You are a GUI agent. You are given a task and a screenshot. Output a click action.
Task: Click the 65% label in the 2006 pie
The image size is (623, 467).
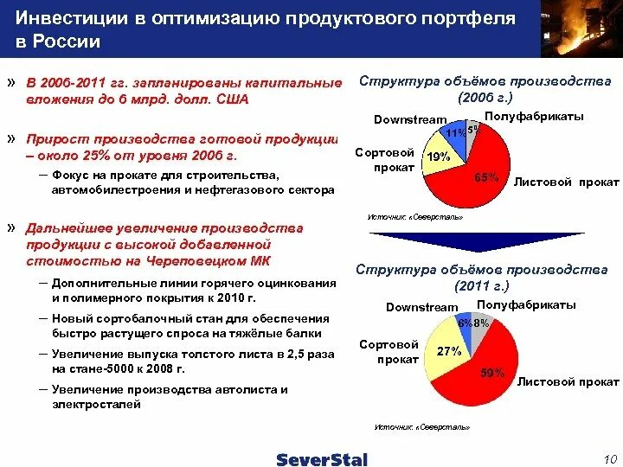[x=488, y=177]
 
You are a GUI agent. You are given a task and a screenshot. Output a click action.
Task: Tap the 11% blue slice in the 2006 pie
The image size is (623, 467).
[x=452, y=133]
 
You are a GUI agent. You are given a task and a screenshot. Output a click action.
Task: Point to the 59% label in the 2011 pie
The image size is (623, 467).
[x=491, y=374]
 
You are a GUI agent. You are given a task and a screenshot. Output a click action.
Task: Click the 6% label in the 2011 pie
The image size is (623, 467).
[x=466, y=323]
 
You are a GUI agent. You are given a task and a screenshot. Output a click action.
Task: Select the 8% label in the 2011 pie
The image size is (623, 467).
[x=482, y=323]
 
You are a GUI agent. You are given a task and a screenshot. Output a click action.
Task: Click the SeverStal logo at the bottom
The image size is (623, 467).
[x=322, y=459]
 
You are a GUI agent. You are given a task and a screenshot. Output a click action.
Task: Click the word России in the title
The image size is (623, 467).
[x=69, y=41]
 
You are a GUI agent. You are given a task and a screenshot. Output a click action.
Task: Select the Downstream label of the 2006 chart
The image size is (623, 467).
[x=410, y=119]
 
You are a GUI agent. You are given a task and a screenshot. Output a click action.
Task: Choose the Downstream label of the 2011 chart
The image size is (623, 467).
[x=421, y=307]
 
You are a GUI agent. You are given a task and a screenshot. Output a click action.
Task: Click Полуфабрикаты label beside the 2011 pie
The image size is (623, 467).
[x=526, y=305]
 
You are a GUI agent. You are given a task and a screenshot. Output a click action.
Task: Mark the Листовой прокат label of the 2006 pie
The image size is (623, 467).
[x=566, y=182]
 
